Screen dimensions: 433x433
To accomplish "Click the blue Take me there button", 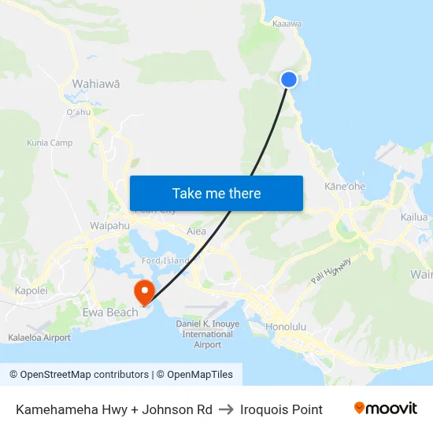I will (216, 194).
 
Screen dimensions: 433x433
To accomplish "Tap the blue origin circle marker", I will (289, 79).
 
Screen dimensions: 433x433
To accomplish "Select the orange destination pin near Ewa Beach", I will (145, 292).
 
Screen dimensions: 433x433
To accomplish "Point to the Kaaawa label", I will (287, 24).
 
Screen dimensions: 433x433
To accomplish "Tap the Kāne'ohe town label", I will (345, 187).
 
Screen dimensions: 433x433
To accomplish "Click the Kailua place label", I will (414, 217).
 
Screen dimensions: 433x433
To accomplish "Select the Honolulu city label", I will (285, 326).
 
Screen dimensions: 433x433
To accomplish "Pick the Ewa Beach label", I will (110, 313).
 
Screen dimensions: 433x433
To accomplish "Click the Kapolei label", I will (31, 291).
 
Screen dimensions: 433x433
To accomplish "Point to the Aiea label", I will (196, 231).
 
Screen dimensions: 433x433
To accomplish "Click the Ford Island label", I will (165, 261).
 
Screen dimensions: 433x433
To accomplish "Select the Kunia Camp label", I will (50, 142).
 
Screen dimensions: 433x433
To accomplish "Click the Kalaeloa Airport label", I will (39, 338).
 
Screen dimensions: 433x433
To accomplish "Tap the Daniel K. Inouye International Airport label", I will (208, 334).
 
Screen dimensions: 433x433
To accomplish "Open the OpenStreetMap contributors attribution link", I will (80, 375).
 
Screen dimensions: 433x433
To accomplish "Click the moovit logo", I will (386, 409).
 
